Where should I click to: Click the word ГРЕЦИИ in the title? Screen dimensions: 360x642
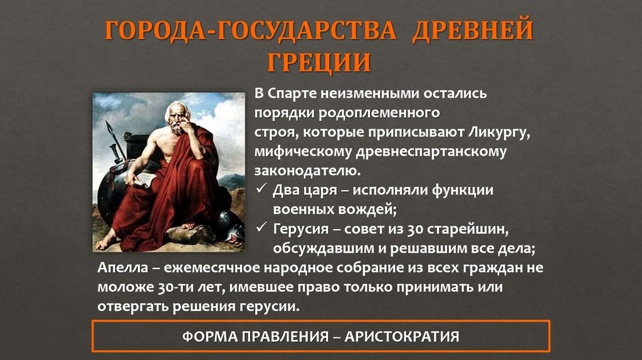[x=320, y=62]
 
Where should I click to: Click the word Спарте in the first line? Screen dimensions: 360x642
[x=293, y=93]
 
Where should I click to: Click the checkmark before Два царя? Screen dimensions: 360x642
[x=261, y=189]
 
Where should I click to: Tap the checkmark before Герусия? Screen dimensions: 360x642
[x=261, y=228]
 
